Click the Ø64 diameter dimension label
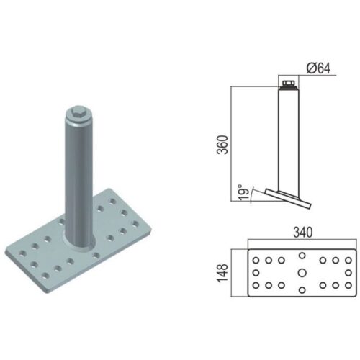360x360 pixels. click(318, 68)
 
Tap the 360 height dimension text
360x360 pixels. click(222, 145)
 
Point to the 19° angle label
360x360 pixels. click(243, 192)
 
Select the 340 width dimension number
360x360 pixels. click(303, 233)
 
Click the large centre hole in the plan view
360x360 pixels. click(302, 273)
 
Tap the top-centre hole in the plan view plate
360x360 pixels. click(302, 256)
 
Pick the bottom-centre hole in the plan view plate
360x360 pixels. click(302, 290)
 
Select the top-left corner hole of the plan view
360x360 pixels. click(256, 260)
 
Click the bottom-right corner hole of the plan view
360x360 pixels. click(348, 285)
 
